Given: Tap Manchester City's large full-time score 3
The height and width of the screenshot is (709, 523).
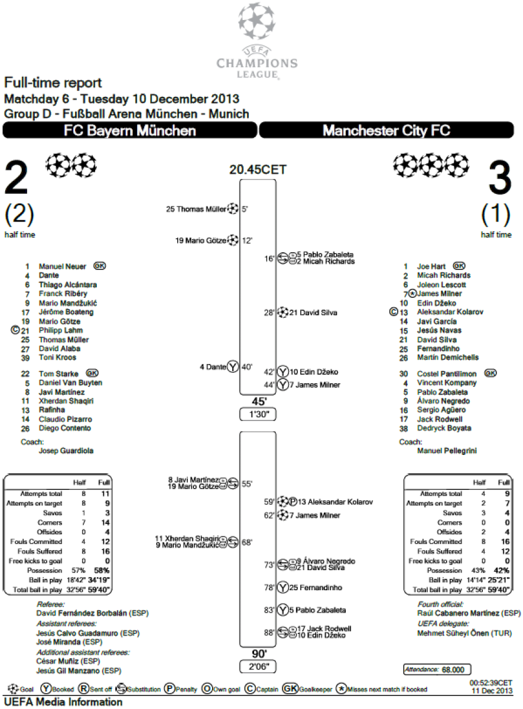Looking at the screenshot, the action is pyautogui.click(x=500, y=178).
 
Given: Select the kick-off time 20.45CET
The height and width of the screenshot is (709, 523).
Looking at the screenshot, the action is pyautogui.click(x=258, y=170).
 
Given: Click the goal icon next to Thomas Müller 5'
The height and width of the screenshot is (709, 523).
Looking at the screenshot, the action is pyautogui.click(x=233, y=209).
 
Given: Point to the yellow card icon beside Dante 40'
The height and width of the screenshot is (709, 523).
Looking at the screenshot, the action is pyautogui.click(x=233, y=366).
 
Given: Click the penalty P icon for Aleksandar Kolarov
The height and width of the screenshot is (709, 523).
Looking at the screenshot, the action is pyautogui.click(x=293, y=502).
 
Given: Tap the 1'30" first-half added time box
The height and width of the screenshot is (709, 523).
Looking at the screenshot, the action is pyautogui.click(x=258, y=414).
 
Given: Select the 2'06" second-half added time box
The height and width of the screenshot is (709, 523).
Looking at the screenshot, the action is pyautogui.click(x=258, y=666).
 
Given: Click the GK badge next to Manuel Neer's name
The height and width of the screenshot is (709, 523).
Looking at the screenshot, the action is pyautogui.click(x=100, y=266).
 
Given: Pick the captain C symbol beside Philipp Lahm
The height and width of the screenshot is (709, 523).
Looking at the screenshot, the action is pyautogui.click(x=15, y=330).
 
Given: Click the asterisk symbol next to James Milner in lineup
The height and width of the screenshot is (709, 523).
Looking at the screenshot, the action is pyautogui.click(x=412, y=294).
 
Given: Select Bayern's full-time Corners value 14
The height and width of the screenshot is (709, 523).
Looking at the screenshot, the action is pyautogui.click(x=105, y=522).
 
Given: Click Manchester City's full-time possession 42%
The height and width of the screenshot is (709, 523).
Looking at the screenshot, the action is pyautogui.click(x=502, y=570).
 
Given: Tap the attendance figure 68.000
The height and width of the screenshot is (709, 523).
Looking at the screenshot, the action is pyautogui.click(x=453, y=669).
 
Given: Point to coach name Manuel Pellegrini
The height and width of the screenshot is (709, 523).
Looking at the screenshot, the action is pyautogui.click(x=447, y=451).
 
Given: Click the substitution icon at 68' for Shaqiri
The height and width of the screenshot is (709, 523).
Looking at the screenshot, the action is pyautogui.click(x=233, y=542).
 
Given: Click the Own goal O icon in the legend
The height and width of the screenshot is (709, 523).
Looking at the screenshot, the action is pyautogui.click(x=207, y=689).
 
